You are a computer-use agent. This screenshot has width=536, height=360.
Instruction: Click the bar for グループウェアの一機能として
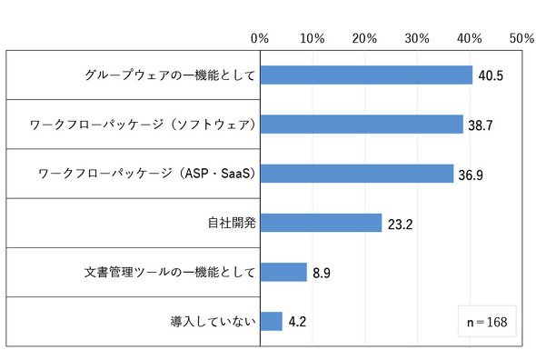(x=366, y=75)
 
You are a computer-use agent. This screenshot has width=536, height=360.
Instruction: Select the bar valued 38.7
(x=362, y=125)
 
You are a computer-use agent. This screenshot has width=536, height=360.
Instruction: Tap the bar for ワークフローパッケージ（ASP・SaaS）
(x=357, y=174)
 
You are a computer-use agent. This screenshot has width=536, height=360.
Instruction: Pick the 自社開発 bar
(x=321, y=223)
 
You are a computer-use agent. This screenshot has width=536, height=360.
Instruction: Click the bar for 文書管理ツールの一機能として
(x=283, y=272)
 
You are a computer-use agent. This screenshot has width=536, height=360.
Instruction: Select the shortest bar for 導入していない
(x=272, y=321)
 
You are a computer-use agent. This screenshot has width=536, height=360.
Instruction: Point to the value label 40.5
(x=491, y=75)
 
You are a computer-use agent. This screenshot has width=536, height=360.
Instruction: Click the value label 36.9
(x=471, y=175)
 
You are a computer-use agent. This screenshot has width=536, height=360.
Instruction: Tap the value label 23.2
(x=400, y=225)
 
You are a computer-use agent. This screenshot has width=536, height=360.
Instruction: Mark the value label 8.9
(x=322, y=273)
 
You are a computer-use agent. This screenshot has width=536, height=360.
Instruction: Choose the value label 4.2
(x=297, y=322)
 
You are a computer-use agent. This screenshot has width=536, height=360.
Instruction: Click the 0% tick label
(x=260, y=38)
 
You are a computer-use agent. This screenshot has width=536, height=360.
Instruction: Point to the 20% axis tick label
(x=364, y=38)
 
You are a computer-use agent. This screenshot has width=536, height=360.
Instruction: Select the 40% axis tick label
(x=470, y=38)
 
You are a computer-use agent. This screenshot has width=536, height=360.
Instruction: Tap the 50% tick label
(x=522, y=38)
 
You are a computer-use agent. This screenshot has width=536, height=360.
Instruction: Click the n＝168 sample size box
(x=487, y=321)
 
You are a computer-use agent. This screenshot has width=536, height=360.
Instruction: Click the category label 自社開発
(x=232, y=223)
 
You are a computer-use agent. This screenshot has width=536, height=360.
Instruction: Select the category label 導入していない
(x=213, y=321)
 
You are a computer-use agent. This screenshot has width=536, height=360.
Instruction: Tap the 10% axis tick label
(x=313, y=38)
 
